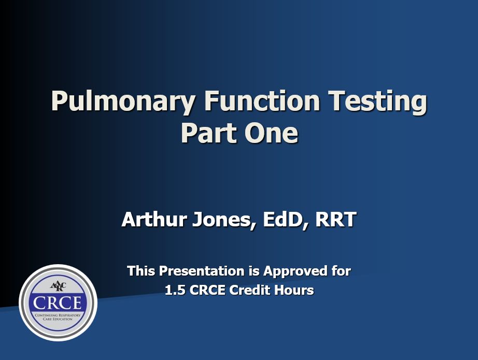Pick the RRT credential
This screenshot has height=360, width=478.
coord(335,220)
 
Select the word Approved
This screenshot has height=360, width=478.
coord(289,271)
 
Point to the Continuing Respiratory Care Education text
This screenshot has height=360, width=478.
coord(58,317)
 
